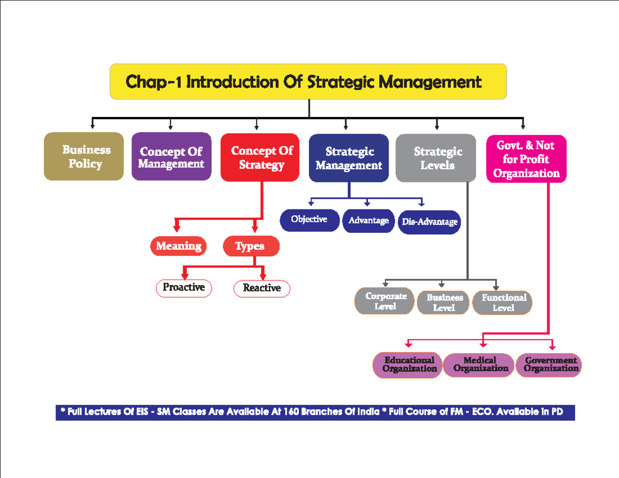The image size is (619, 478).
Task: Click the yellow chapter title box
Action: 308,81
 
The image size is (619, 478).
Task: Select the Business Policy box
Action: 84,157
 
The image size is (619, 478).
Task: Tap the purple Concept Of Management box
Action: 171,157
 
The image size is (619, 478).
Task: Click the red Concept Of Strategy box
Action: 260,158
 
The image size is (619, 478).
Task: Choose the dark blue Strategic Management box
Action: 349,158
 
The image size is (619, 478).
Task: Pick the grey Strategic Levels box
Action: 436,158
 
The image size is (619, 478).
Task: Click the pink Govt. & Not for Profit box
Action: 526,159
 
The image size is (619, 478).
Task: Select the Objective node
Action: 309,220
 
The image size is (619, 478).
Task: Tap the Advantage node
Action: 368,221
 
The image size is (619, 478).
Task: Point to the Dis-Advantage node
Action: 429,222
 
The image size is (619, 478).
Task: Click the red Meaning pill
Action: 178,246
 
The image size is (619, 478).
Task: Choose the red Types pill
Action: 251,246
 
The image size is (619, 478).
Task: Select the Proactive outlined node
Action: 184,288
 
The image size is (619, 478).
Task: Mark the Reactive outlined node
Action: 262,288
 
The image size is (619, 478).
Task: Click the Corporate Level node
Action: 385,301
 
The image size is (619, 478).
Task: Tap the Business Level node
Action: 444,303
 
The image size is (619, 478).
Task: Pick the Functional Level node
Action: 502,303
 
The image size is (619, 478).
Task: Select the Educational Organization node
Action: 408,365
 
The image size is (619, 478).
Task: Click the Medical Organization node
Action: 480,365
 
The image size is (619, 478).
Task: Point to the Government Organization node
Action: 549,365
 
